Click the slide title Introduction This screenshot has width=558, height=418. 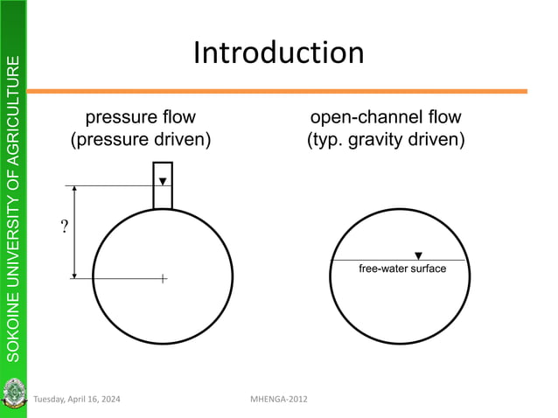click(278, 53)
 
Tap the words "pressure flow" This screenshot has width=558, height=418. click(139, 117)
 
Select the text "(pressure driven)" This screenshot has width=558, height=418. click(140, 139)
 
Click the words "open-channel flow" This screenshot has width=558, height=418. click(386, 117)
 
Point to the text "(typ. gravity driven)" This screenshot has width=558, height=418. click(386, 139)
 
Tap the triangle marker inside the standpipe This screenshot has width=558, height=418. click(163, 182)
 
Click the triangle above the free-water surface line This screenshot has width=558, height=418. click(418, 255)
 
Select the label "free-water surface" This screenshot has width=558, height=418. click(402, 268)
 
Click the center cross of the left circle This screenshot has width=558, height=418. click(163, 279)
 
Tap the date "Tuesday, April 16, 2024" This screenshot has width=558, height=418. click(78, 400)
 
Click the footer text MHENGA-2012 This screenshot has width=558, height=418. click(279, 400)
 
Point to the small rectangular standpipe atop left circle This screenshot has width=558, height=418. click(163, 185)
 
